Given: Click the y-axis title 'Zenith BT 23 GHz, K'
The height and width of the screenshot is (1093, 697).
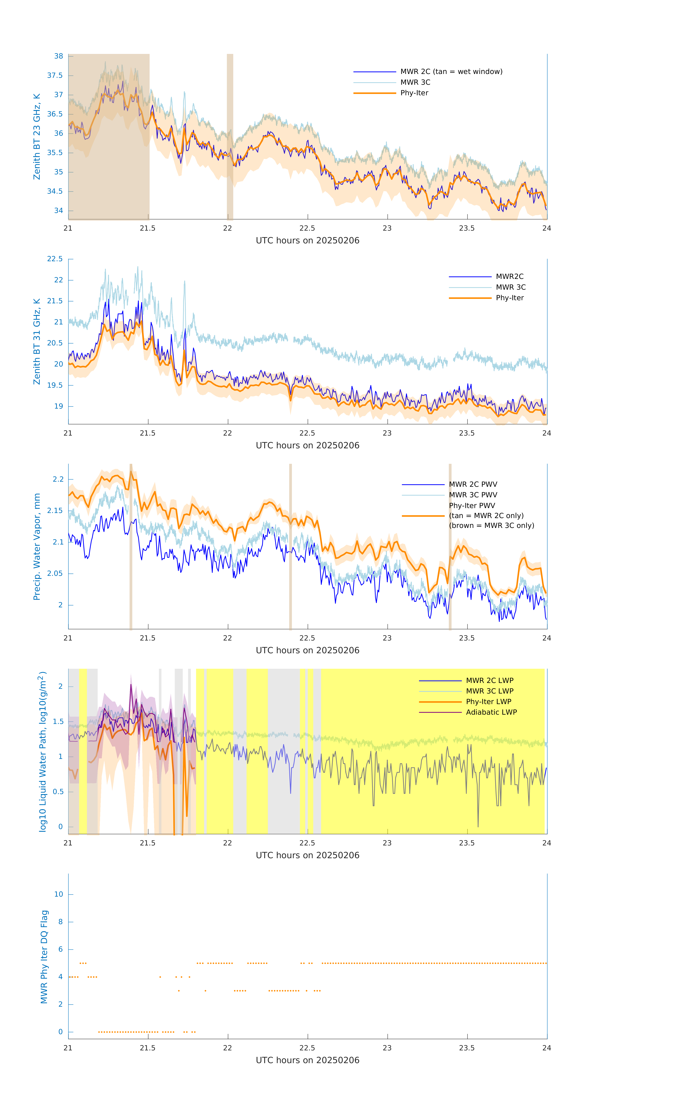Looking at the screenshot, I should click(x=37, y=137).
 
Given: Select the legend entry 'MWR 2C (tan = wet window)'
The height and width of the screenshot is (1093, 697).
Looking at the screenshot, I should click(x=451, y=72).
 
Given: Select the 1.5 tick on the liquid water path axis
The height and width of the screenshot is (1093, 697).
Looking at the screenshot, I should click(x=58, y=722).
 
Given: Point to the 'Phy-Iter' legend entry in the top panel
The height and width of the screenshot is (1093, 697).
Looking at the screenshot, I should click(x=414, y=93).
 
